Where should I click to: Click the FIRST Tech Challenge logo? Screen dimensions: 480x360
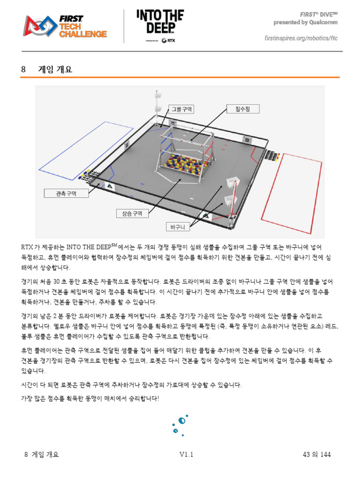click(66, 27)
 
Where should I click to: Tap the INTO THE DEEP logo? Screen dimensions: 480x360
click(160, 22)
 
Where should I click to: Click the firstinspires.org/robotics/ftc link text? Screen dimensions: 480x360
click(301, 37)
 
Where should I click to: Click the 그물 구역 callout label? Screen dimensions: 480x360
click(181, 109)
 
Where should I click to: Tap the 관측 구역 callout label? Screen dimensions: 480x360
click(66, 193)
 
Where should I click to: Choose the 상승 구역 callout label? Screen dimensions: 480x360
click(132, 213)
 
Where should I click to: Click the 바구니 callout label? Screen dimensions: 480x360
click(178, 227)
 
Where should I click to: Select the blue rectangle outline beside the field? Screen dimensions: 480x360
click(92, 147)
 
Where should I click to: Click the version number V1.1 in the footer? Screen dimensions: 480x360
click(186, 455)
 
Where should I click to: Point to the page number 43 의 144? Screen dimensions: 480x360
click(317, 455)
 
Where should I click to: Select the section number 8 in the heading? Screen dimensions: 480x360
click(23, 69)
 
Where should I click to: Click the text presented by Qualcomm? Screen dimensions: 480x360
click(306, 22)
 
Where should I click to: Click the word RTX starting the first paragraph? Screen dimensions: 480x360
click(27, 246)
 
